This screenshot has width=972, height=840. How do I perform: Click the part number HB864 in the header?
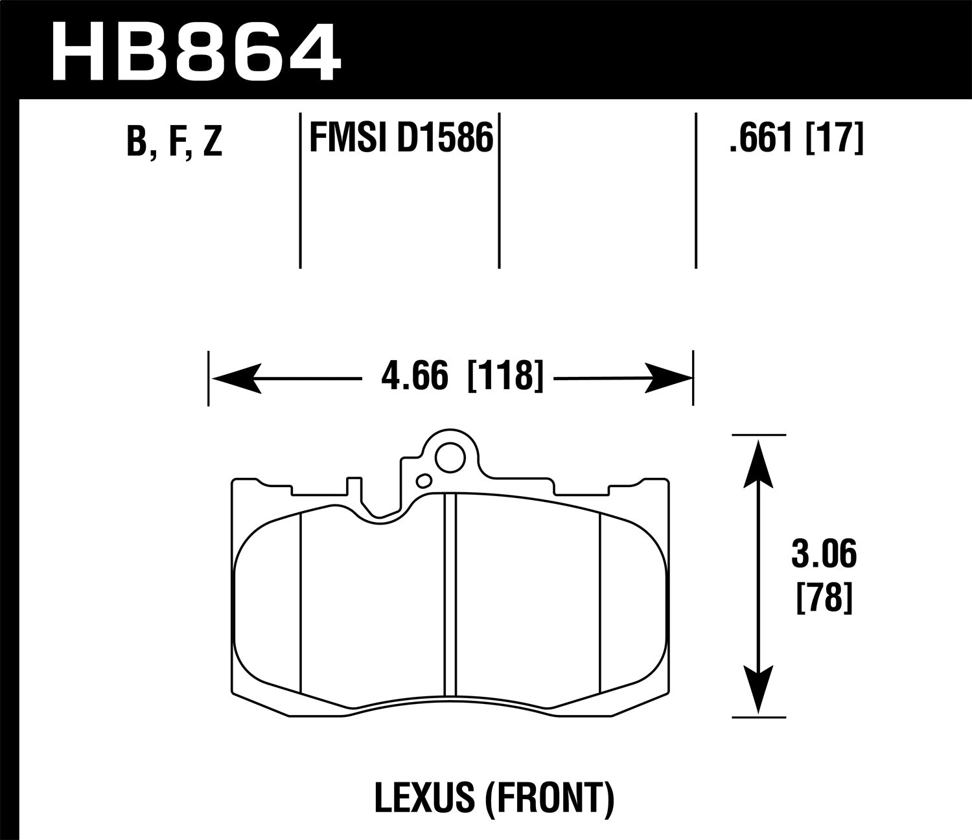click(x=196, y=50)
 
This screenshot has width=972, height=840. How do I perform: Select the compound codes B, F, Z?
click(x=174, y=142)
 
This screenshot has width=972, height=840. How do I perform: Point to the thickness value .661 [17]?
click(x=796, y=139)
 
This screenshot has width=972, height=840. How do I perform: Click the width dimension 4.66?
click(x=414, y=377)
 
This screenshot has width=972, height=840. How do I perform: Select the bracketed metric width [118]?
click(x=504, y=377)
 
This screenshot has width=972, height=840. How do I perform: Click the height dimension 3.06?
click(x=824, y=556)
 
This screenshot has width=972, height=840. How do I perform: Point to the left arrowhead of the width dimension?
click(x=236, y=378)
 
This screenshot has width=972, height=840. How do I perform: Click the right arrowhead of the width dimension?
click(x=667, y=378)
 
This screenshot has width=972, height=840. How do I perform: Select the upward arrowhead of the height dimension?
click(x=758, y=462)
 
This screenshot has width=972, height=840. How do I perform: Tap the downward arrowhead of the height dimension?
click(x=758, y=690)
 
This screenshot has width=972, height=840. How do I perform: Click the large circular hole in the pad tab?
click(x=449, y=459)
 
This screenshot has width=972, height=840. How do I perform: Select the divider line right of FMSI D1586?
click(x=499, y=191)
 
